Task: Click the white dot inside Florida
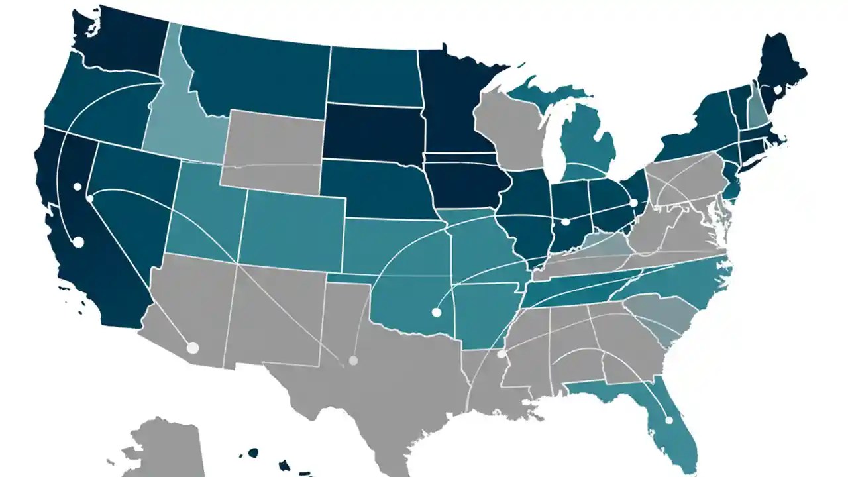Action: pyautogui.click(x=669, y=420)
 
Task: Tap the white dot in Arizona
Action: pyautogui.click(x=193, y=347)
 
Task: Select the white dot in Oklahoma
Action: pyautogui.click(x=436, y=312)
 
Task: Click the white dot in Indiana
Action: pyautogui.click(x=565, y=222)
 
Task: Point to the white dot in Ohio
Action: pyautogui.click(x=633, y=203)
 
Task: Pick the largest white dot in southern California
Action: pyautogui.click(x=78, y=242)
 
